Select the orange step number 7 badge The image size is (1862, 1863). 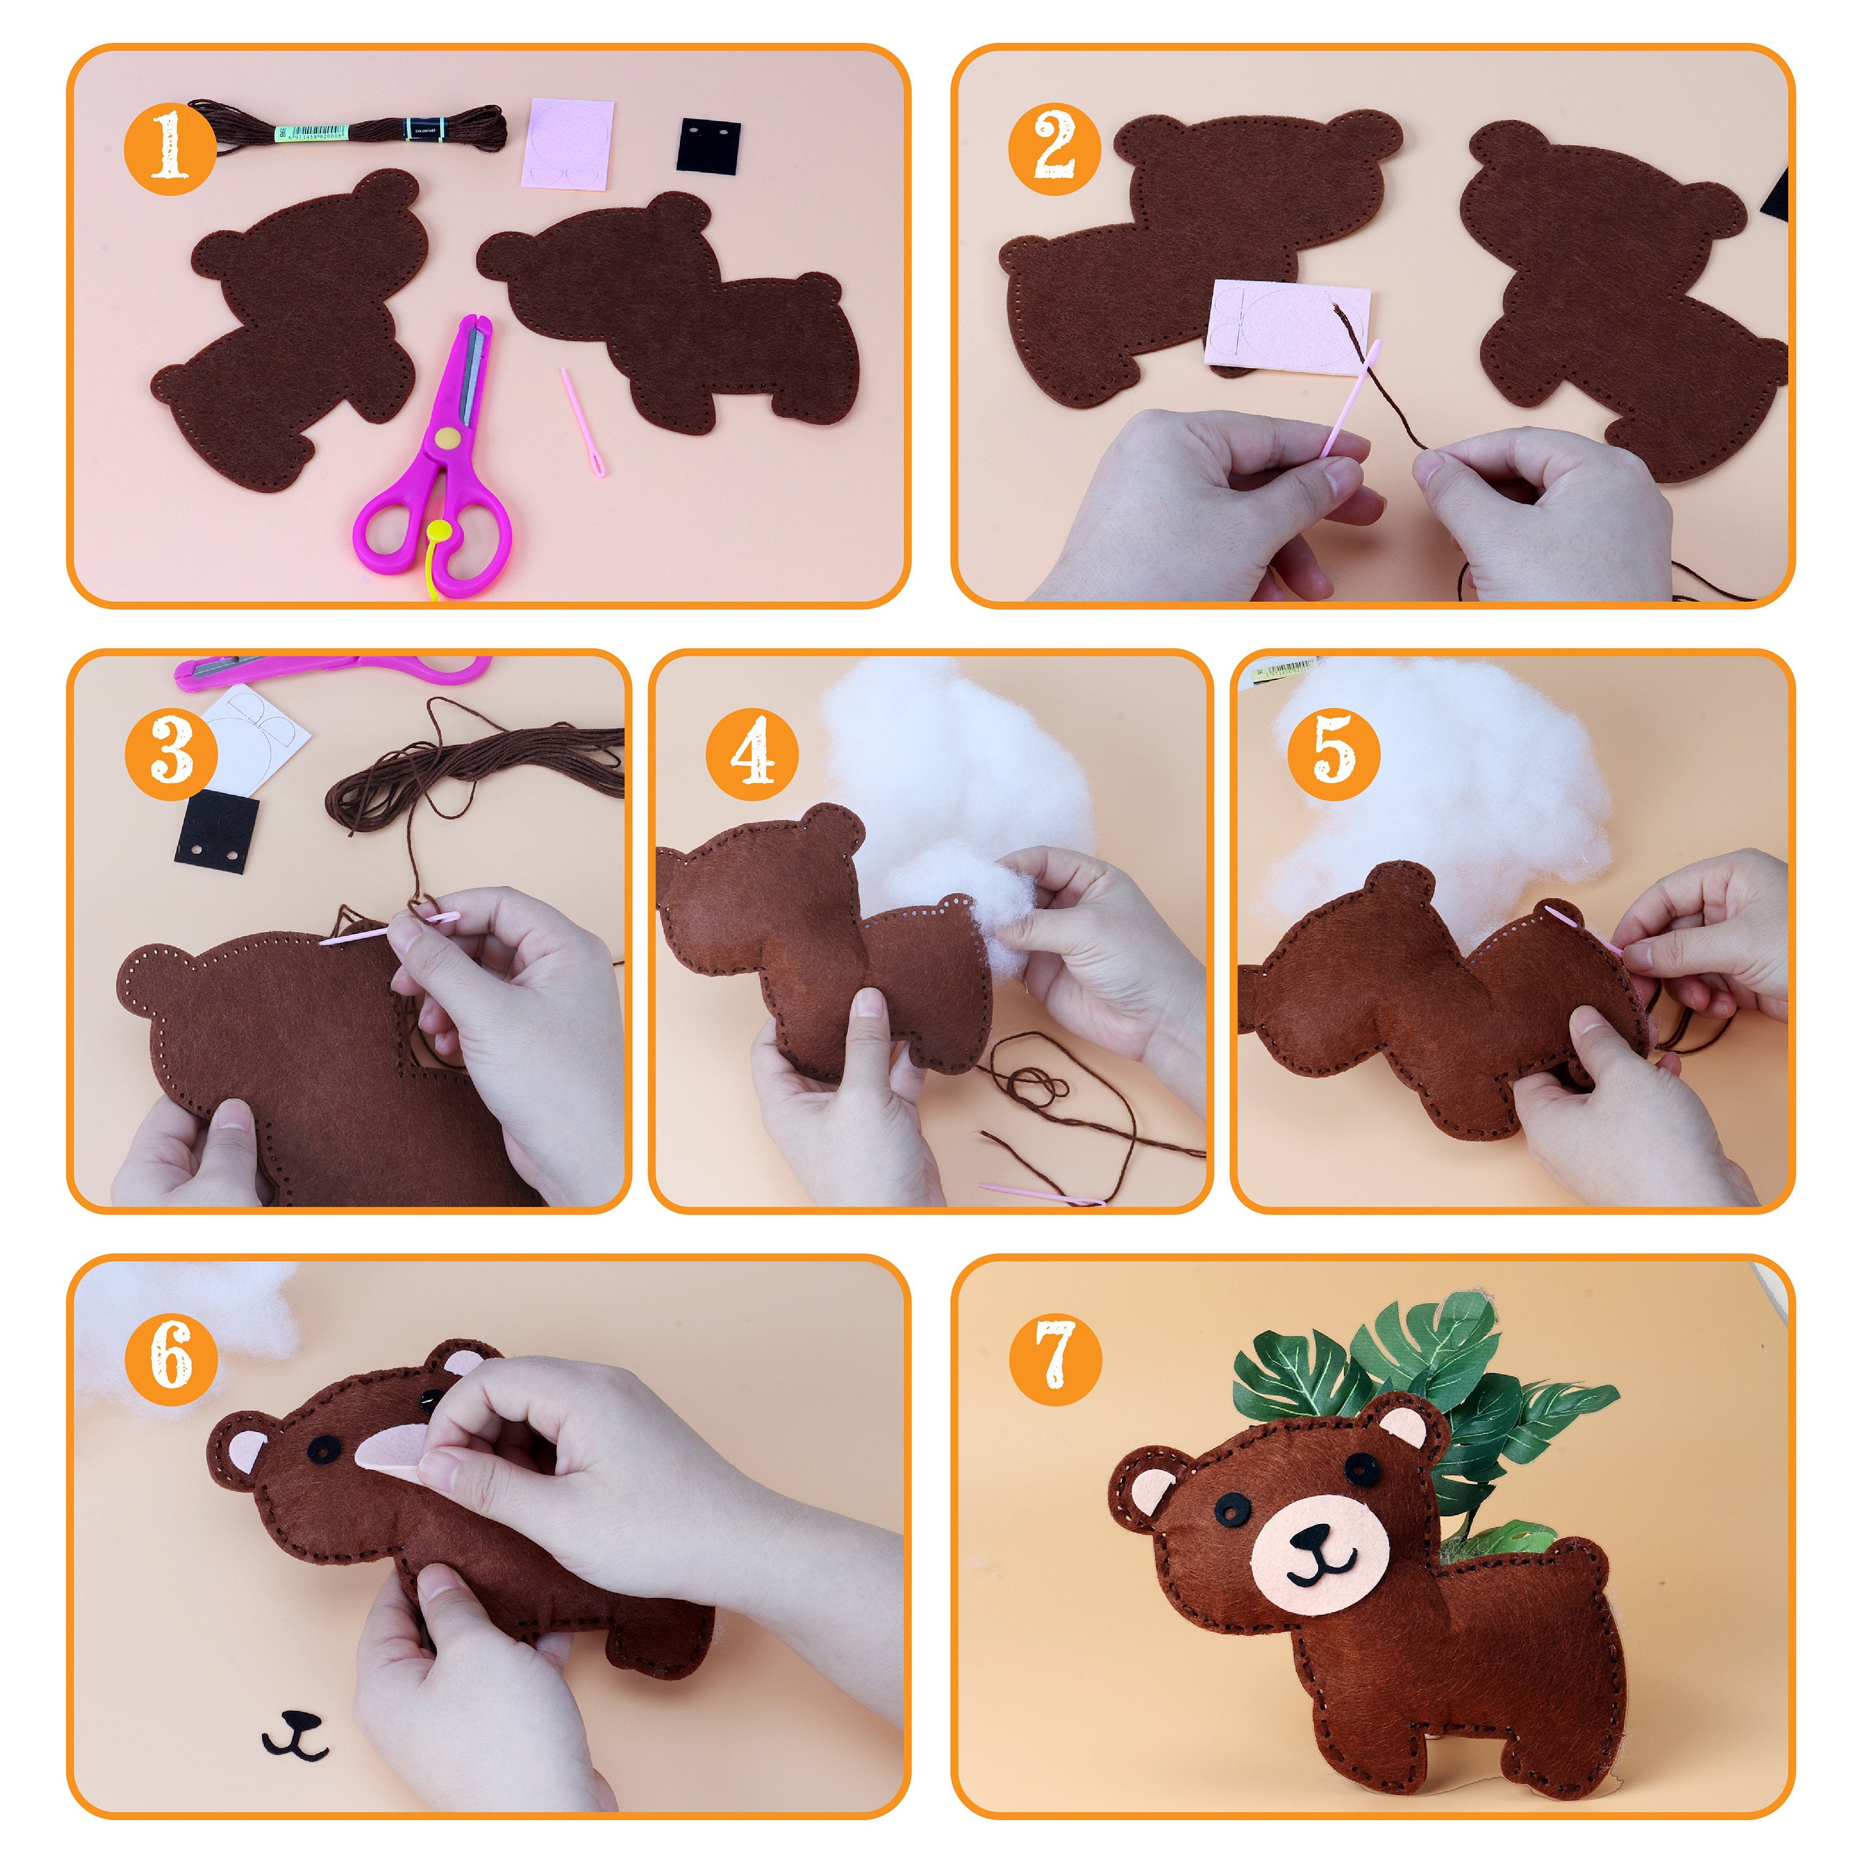(x=1055, y=1356)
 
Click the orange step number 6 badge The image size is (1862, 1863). (x=169, y=1356)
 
